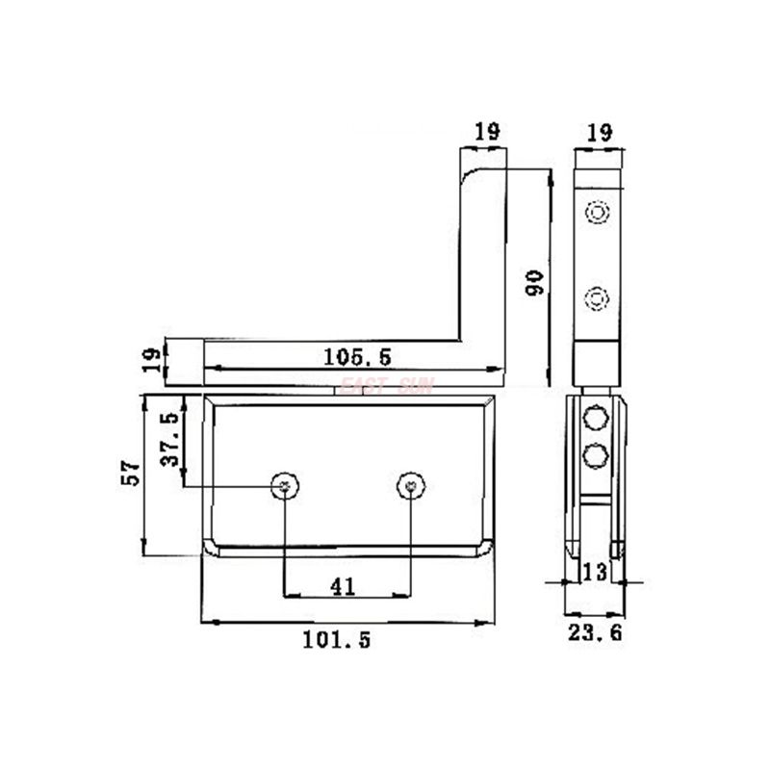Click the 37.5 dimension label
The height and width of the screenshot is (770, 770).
coord(169,440)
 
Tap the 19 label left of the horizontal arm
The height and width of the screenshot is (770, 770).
coord(151,361)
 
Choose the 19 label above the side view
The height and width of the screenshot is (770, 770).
coord(597,132)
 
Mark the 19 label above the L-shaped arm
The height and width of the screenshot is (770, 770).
coord(487,132)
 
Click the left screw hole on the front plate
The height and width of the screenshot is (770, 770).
coord(284,487)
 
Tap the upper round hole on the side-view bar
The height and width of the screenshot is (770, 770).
coord(597,212)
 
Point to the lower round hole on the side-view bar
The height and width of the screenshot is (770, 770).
coord(597,297)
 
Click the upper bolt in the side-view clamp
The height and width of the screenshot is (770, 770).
coord(596,419)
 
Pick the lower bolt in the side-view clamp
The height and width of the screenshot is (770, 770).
coord(596,453)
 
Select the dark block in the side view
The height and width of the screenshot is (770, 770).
coord(597,364)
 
